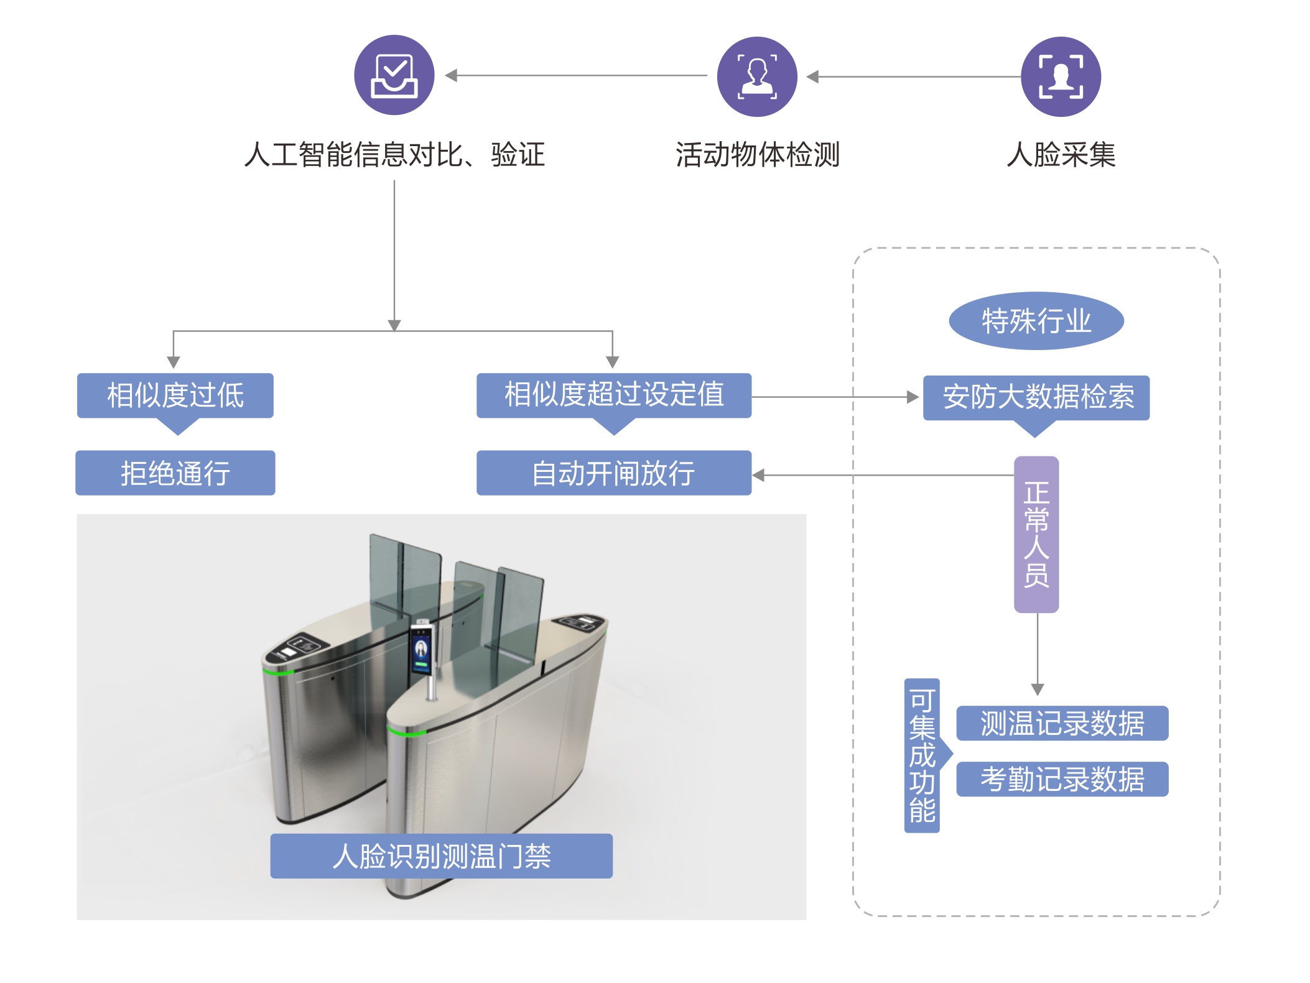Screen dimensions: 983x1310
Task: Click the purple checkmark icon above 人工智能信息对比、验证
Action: (x=394, y=75)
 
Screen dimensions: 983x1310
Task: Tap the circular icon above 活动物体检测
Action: (x=757, y=76)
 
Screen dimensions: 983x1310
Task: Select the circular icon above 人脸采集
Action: (x=1061, y=76)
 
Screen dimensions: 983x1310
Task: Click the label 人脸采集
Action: (x=1061, y=154)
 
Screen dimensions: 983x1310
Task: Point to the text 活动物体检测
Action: (x=757, y=154)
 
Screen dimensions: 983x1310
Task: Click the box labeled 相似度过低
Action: (x=175, y=395)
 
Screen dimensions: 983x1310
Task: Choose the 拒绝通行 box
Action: (x=175, y=473)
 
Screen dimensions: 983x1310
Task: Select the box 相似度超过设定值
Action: (x=613, y=395)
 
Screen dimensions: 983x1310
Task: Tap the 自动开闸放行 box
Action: (x=613, y=473)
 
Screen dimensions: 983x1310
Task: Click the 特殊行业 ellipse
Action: (x=1036, y=321)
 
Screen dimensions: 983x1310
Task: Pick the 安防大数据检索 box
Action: (x=1036, y=397)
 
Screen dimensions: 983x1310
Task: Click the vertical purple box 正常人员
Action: (x=1036, y=534)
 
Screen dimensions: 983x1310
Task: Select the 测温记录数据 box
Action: (x=1062, y=723)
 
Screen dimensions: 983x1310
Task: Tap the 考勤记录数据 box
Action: (x=1062, y=779)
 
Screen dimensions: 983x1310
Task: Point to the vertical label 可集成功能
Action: (x=922, y=755)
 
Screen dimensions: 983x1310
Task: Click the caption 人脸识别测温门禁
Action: (x=441, y=856)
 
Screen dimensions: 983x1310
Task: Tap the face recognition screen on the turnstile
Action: (x=421, y=650)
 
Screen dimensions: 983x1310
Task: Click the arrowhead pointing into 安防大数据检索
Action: (x=913, y=397)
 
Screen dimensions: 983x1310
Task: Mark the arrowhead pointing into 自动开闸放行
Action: (x=758, y=475)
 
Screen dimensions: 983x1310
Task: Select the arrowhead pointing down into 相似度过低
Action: (x=174, y=362)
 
